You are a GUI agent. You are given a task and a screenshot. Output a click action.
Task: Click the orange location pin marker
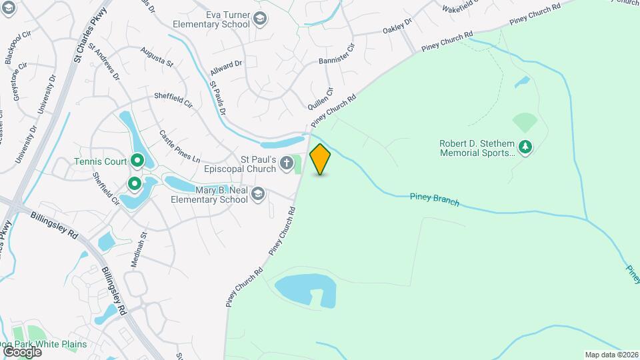point(321,159)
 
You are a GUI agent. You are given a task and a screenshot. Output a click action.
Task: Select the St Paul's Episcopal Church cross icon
point(287,163)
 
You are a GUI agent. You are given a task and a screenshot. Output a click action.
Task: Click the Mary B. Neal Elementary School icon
point(258,194)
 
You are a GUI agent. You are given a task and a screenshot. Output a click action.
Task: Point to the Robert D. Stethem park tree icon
point(526,146)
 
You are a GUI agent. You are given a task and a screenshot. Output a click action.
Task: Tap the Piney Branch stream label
point(435,198)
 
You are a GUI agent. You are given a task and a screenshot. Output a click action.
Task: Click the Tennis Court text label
point(100,161)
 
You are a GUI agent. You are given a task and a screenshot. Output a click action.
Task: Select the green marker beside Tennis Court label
point(137,161)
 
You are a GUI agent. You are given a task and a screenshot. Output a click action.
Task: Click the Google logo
point(22,351)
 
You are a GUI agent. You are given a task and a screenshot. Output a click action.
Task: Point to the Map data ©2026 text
point(611,354)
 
